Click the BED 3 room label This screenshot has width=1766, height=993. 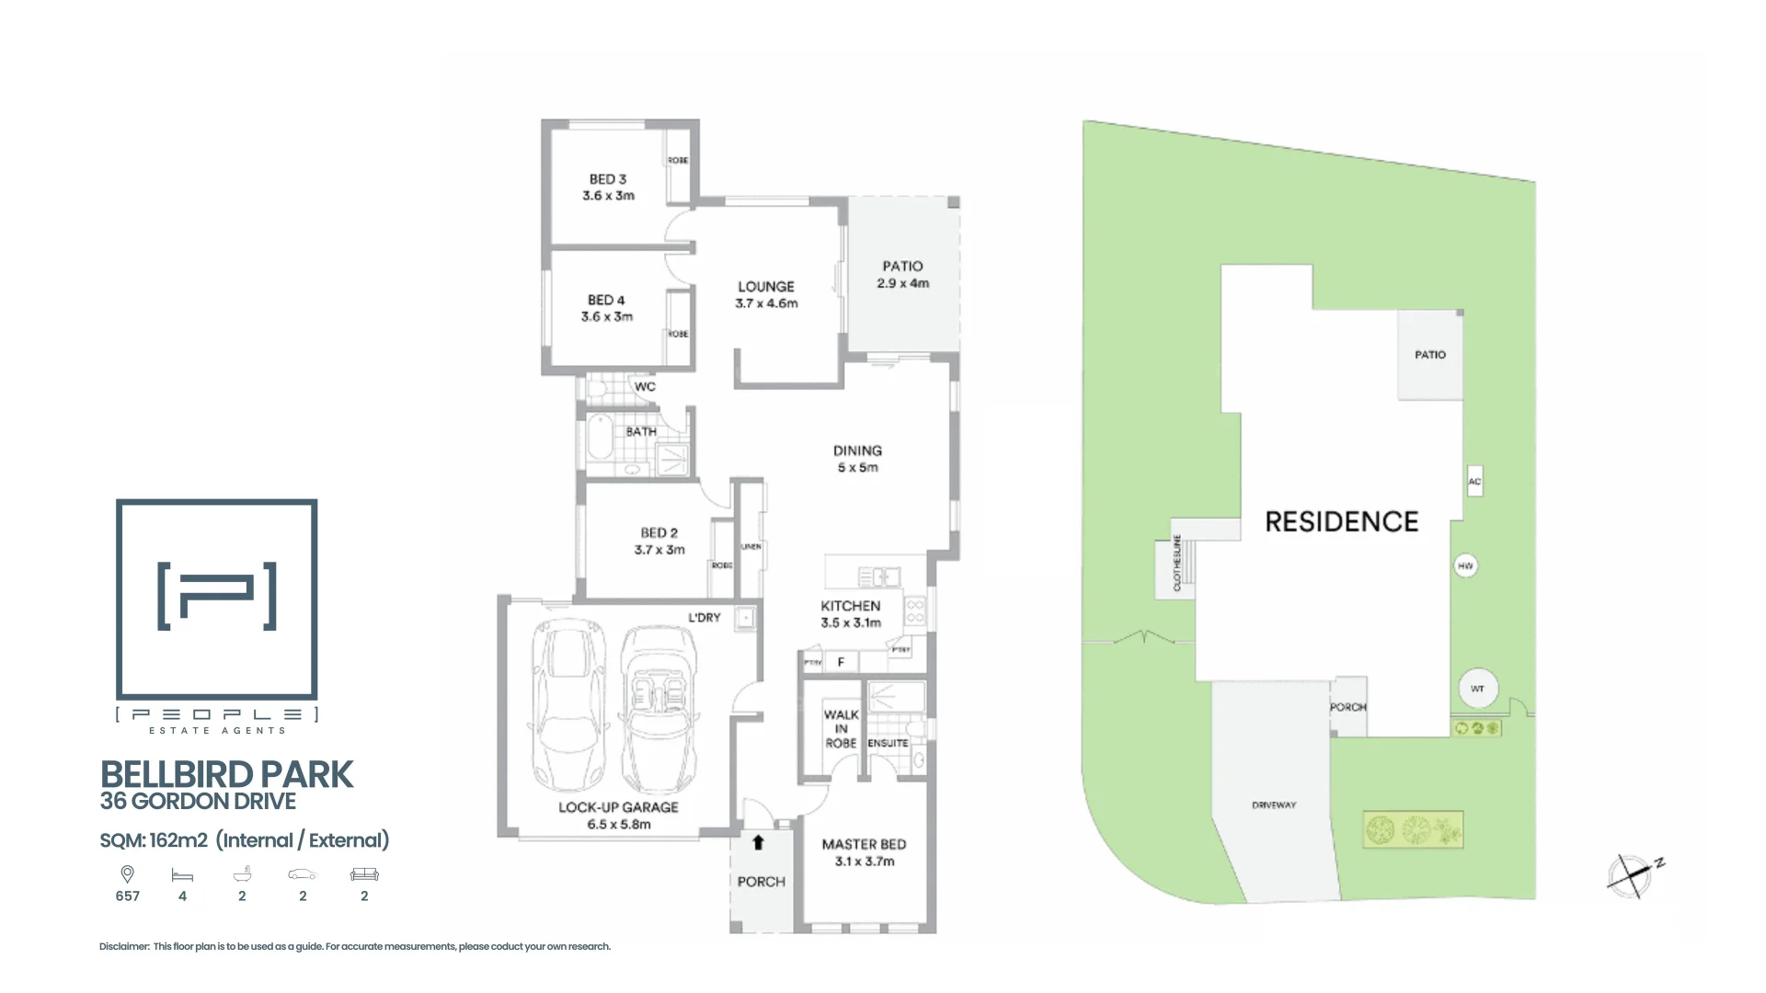click(607, 179)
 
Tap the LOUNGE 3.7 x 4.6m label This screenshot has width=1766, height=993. click(766, 294)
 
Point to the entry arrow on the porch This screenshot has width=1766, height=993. click(758, 842)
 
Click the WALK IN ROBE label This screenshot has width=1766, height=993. click(841, 728)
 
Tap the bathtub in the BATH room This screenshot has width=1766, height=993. click(600, 438)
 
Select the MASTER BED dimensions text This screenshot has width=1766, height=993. click(864, 862)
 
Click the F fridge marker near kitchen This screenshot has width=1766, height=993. click(841, 662)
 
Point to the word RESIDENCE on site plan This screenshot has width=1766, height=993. click(1341, 522)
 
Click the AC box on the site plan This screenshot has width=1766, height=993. click(1474, 482)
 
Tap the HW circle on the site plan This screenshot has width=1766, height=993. click(1465, 566)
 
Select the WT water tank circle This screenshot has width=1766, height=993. click(1477, 689)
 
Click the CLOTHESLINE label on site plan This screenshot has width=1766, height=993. click(1176, 563)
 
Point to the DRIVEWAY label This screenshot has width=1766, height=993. click(1274, 805)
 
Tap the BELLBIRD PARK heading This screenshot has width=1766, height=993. click(226, 775)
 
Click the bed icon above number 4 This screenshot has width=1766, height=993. click(182, 875)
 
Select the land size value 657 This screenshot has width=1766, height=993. click(128, 896)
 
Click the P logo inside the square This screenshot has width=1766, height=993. click(217, 596)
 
